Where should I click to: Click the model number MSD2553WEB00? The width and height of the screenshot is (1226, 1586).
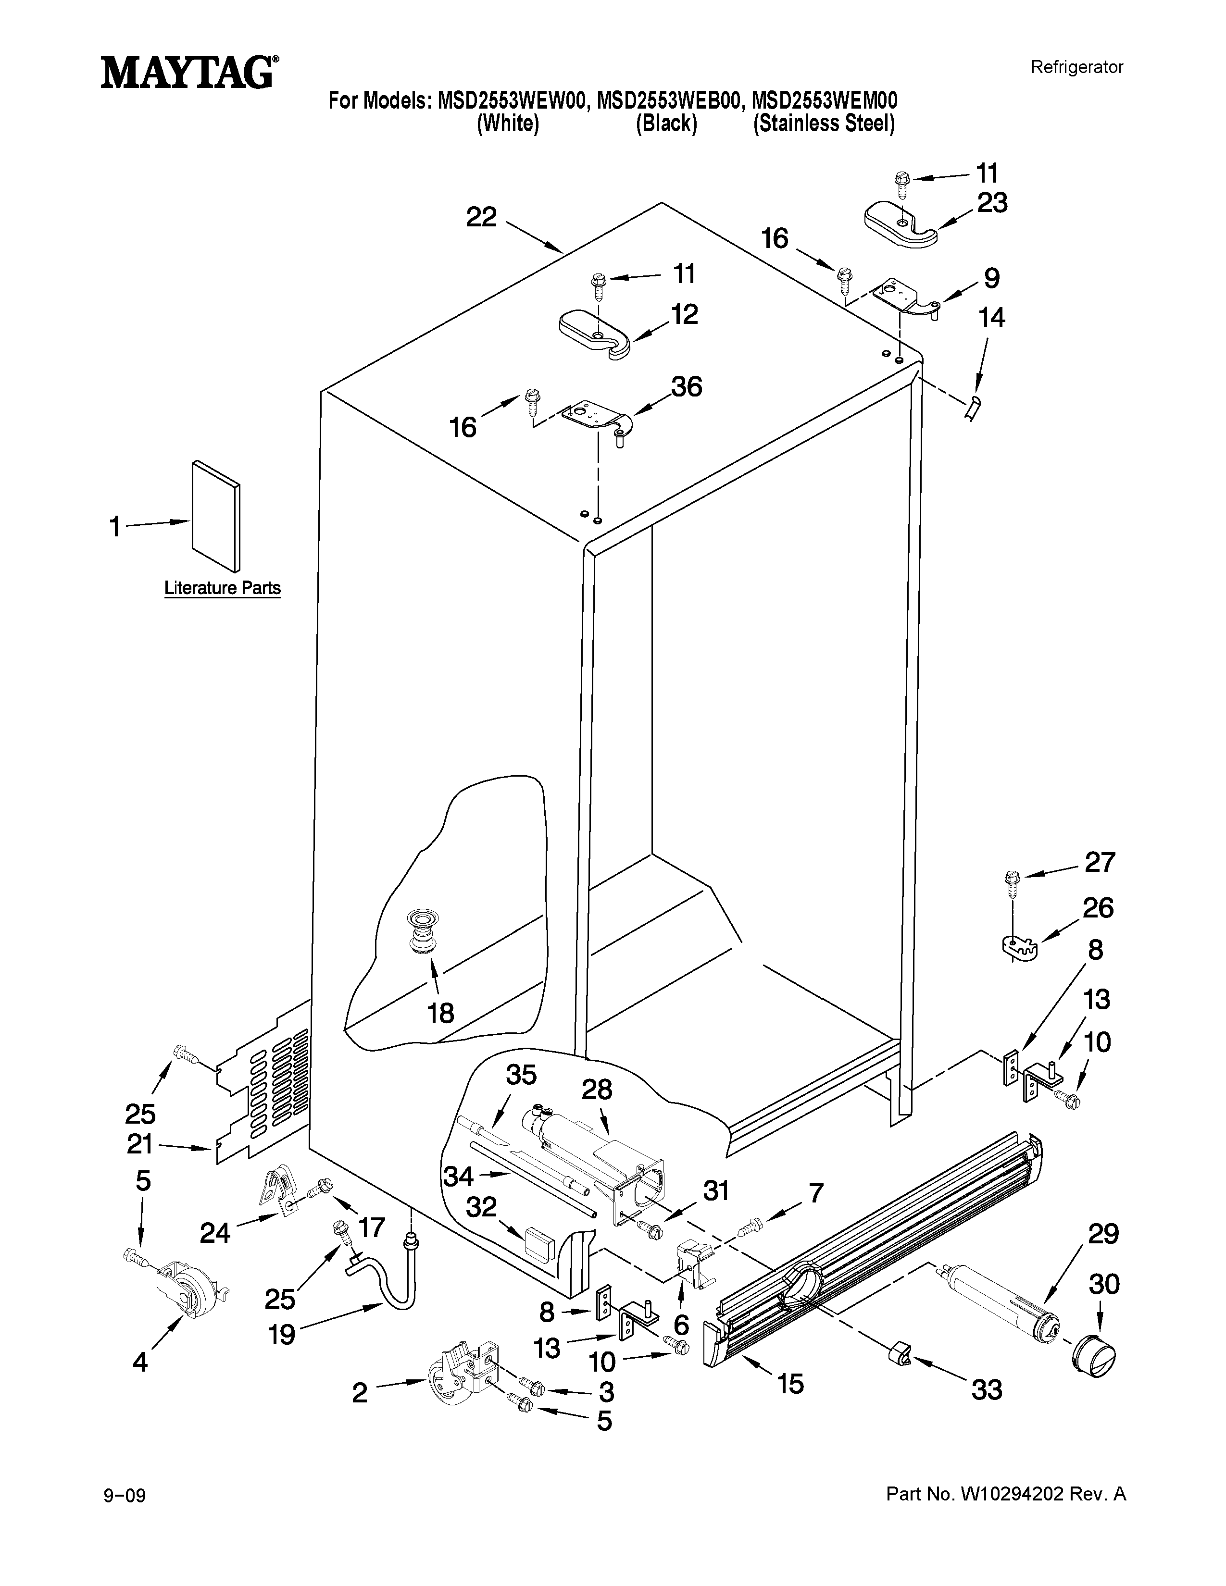[x=668, y=99]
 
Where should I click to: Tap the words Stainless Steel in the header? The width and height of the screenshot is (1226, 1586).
[x=824, y=124]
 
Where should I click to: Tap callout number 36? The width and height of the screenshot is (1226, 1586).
[x=686, y=387]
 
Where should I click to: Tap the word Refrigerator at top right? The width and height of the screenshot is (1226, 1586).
[x=1076, y=68]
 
